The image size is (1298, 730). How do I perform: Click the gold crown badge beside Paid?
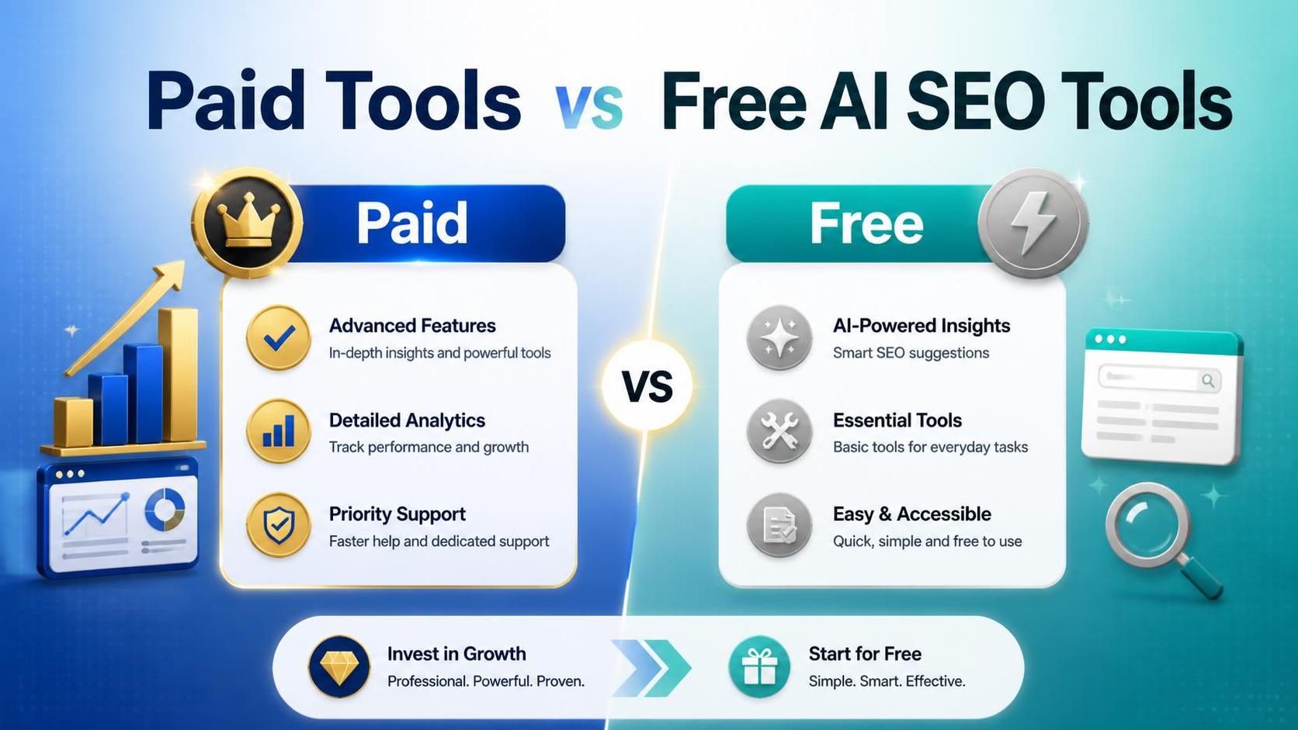tap(248, 223)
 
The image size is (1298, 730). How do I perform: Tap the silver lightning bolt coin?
tap(1033, 223)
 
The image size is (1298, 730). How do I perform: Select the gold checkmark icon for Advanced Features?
tap(279, 338)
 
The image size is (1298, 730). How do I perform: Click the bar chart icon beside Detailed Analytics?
tap(279, 432)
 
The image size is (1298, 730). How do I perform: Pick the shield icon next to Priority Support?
tap(279, 526)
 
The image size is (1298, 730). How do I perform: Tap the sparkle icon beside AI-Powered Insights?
tap(779, 338)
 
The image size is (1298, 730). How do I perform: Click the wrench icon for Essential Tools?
tap(779, 432)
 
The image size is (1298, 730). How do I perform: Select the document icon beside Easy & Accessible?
tap(779, 526)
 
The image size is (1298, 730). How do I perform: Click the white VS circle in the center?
tap(647, 386)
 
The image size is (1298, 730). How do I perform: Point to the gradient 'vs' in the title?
tap(589, 104)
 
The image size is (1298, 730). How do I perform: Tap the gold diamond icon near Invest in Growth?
tap(339, 667)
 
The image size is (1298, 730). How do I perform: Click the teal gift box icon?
tap(759, 667)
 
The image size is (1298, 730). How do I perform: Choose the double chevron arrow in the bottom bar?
tap(651, 667)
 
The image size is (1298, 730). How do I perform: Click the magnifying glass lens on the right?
tap(1147, 524)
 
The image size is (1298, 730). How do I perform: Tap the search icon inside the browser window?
tap(1208, 380)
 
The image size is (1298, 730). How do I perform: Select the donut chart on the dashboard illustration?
tap(165, 510)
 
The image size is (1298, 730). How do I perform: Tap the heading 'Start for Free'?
tap(865, 654)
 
